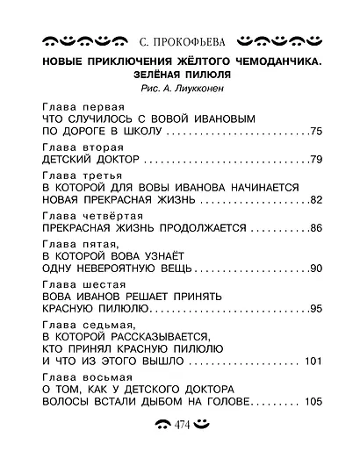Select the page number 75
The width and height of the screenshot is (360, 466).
click(317, 132)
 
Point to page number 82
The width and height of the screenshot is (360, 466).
click(317, 201)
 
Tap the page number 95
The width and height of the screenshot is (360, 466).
click(317, 309)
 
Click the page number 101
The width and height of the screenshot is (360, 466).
click(313, 362)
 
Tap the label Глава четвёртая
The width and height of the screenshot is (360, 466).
click(85, 215)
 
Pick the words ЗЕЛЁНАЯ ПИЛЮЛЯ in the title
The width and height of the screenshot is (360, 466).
click(181, 76)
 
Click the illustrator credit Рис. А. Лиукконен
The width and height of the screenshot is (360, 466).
click(181, 89)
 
